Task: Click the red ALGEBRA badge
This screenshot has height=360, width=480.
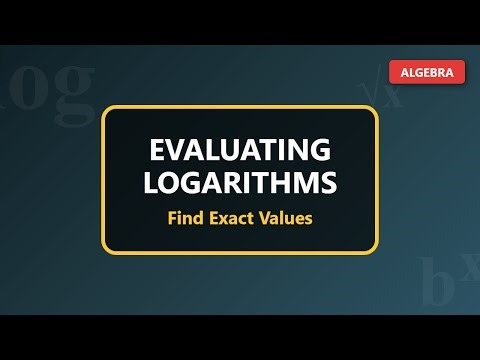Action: pos(426,72)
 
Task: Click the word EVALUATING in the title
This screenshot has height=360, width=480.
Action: pos(240,151)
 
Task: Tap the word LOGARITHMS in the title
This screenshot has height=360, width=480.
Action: pos(240,183)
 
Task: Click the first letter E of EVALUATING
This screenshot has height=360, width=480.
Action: pos(157,151)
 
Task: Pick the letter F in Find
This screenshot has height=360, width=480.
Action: pos(171,217)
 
